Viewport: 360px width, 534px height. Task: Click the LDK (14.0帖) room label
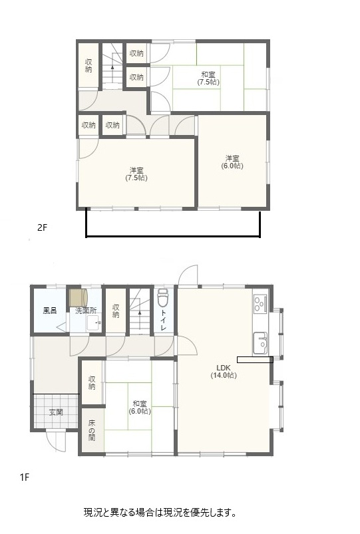tap(224, 372)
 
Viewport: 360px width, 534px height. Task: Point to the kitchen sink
tap(260, 342)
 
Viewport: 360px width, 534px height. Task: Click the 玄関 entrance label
tap(56, 412)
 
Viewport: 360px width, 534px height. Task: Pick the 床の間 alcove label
tap(92, 430)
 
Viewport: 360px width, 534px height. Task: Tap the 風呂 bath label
tap(50, 311)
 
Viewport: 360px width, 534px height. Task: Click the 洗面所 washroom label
tap(86, 311)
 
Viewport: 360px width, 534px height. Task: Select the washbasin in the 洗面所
tap(93, 323)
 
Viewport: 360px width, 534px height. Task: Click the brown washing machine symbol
tap(79, 297)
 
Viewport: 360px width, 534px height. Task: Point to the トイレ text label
tap(163, 321)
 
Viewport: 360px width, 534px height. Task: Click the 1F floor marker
tap(25, 477)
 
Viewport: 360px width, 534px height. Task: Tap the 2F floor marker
tap(42, 227)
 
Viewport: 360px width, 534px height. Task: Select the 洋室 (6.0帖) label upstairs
tap(232, 162)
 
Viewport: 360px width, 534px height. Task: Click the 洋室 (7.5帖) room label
tap(136, 174)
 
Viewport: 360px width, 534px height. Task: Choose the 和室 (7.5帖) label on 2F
tap(208, 78)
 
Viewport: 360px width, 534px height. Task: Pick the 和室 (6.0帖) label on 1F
tap(140, 407)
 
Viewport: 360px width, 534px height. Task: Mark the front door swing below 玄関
tap(56, 442)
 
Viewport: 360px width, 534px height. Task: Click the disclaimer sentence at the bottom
tap(160, 512)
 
